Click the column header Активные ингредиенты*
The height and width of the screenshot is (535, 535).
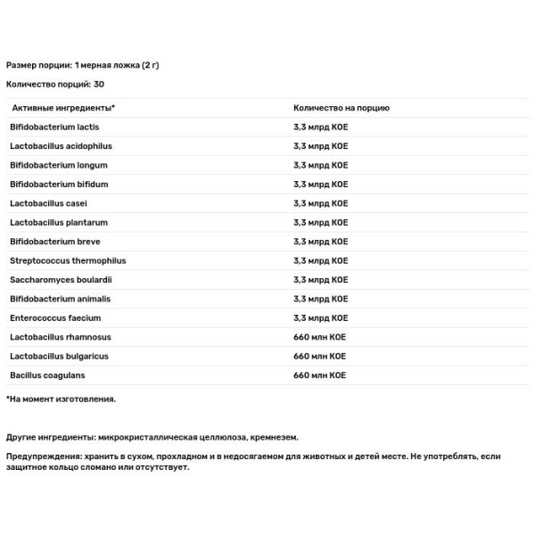point(62,108)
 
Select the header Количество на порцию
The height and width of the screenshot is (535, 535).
point(342,108)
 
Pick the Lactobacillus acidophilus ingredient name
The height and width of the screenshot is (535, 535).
point(61,145)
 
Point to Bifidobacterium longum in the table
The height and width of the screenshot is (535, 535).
point(59,165)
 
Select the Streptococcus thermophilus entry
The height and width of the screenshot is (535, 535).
point(68,260)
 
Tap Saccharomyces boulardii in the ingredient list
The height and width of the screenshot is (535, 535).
point(62,280)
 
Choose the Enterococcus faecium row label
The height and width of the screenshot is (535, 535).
point(55,318)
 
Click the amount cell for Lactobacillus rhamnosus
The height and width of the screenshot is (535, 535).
point(319,337)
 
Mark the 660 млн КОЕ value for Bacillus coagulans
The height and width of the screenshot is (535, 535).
point(319,375)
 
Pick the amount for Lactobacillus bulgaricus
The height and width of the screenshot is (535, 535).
point(319,357)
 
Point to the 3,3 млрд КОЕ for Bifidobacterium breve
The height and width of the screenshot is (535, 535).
point(321,242)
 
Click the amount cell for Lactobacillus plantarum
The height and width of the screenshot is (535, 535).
point(321,222)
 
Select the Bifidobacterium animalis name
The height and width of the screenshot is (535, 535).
point(62,299)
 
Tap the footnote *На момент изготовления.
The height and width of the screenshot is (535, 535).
point(61,399)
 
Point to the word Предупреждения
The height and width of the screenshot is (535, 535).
point(41,457)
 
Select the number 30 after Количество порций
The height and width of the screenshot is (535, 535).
point(97,85)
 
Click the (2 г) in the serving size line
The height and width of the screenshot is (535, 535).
point(151,65)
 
